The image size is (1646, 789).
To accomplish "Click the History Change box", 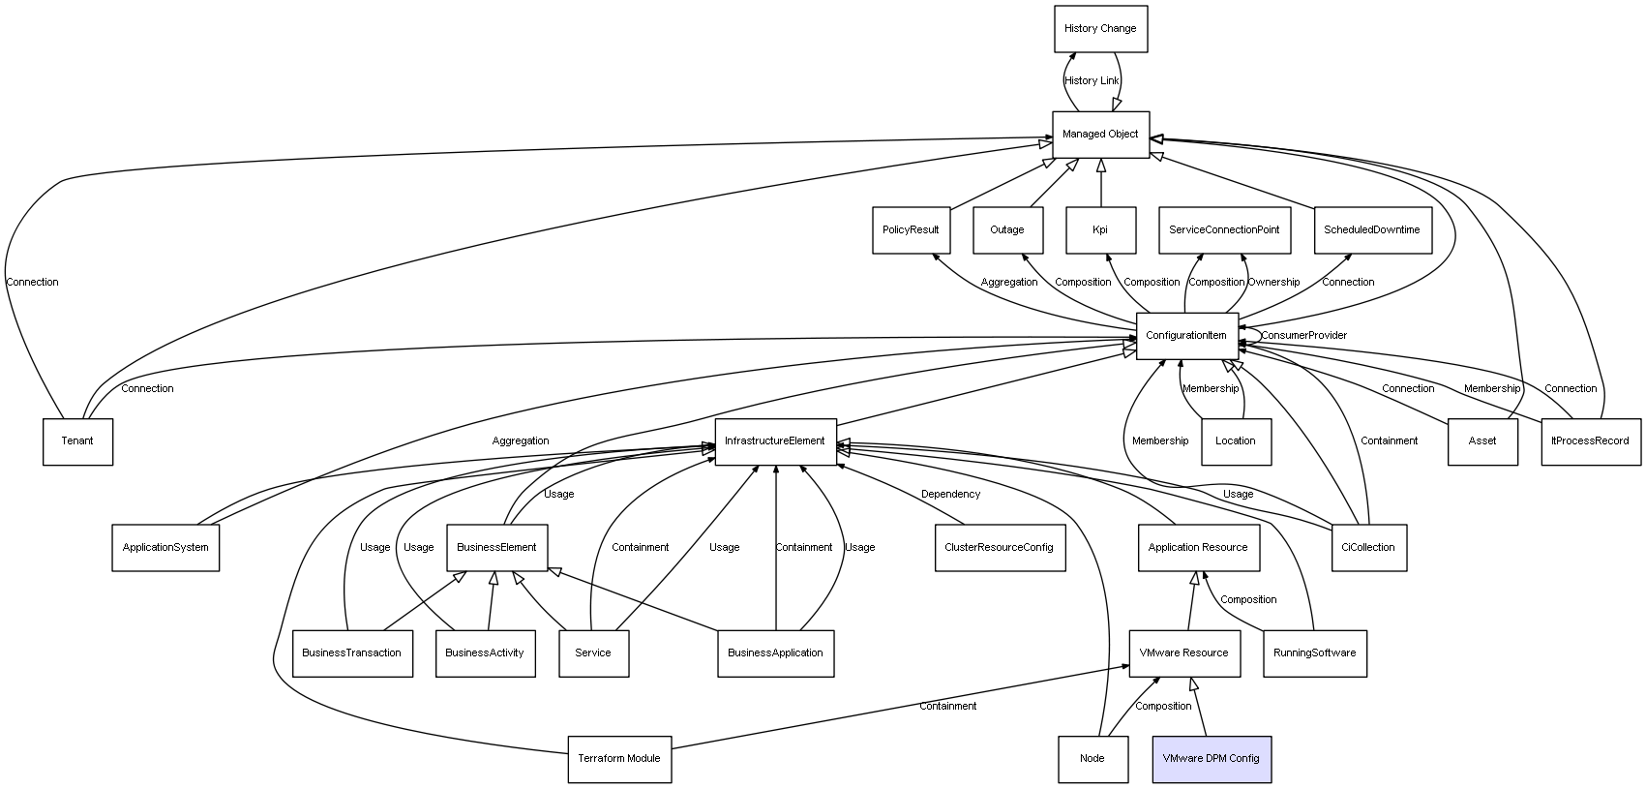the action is [x=1100, y=29].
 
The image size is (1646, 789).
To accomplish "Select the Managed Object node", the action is [x=1100, y=135].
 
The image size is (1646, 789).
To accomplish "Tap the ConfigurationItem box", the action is [x=1186, y=336].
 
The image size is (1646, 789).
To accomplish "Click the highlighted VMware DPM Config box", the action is [x=1211, y=759].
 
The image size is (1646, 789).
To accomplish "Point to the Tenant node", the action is [x=77, y=441].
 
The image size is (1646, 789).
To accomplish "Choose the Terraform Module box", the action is [x=619, y=759].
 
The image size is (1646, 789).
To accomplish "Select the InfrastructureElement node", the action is [x=775, y=441].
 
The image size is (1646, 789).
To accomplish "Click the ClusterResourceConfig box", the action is [x=1000, y=548].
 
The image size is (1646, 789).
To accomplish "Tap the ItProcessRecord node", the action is [x=1590, y=441].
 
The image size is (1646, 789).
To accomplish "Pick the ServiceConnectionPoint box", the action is [x=1224, y=230].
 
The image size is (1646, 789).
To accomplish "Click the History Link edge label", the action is [x=1092, y=81].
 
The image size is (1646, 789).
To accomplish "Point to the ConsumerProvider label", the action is [x=1304, y=335].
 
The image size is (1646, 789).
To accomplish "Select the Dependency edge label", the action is [x=951, y=494].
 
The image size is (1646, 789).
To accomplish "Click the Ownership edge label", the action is [x=1273, y=283].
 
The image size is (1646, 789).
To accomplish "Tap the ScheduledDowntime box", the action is [x=1373, y=230].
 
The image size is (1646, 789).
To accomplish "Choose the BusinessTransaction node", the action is [x=352, y=652].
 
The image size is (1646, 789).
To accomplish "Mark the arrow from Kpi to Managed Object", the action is [x=1101, y=182].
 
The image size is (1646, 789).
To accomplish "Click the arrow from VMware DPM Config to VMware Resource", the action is [x=1199, y=707].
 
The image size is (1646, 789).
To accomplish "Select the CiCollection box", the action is [x=1368, y=548].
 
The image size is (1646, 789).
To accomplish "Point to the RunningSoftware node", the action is [x=1315, y=652].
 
